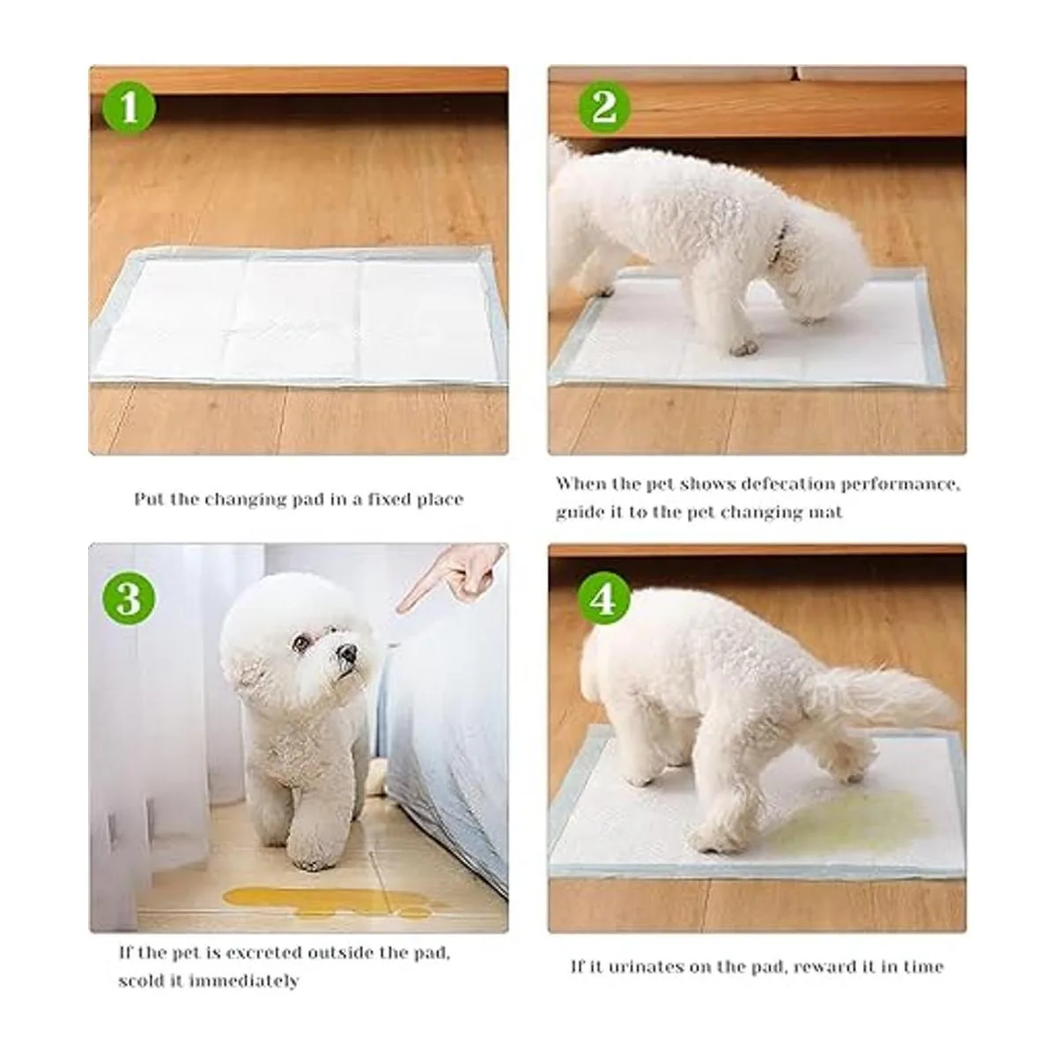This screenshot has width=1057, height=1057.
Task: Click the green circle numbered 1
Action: click(129, 107)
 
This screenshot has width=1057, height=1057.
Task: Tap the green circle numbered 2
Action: click(604, 107)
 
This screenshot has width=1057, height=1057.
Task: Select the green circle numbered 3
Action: click(129, 598)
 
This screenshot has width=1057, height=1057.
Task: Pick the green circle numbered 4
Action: click(604, 598)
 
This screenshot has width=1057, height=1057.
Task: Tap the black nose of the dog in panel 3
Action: click(347, 653)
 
